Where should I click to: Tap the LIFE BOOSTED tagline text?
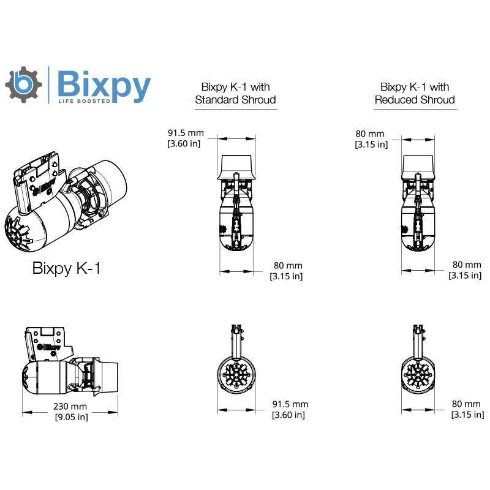84,101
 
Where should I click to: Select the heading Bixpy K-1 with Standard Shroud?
235,93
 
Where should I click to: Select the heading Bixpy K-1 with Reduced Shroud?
415,93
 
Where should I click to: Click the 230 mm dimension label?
70,406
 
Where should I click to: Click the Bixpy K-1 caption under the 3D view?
66,268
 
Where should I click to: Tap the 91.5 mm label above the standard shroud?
186,133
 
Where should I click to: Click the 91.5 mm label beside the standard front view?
290,404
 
